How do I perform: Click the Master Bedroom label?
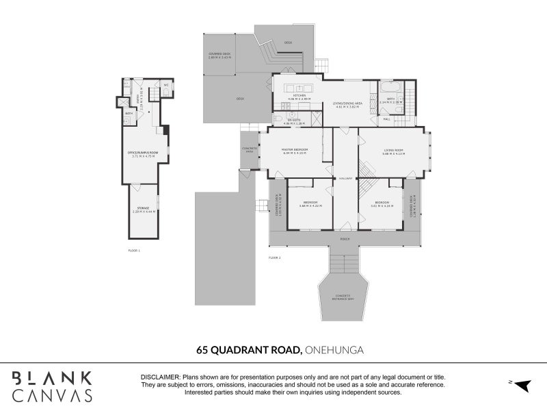(295, 149)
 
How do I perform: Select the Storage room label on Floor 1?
(143, 208)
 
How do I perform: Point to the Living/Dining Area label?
(348, 103)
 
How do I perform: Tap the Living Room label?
(393, 149)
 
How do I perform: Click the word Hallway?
(345, 178)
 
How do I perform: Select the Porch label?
(345, 240)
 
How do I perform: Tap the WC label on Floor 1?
(166, 86)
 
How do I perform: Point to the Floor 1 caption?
(134, 251)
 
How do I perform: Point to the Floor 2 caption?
(274, 258)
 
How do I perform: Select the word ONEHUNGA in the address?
(334, 350)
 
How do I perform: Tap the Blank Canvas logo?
(52, 386)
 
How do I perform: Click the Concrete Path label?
(249, 150)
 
